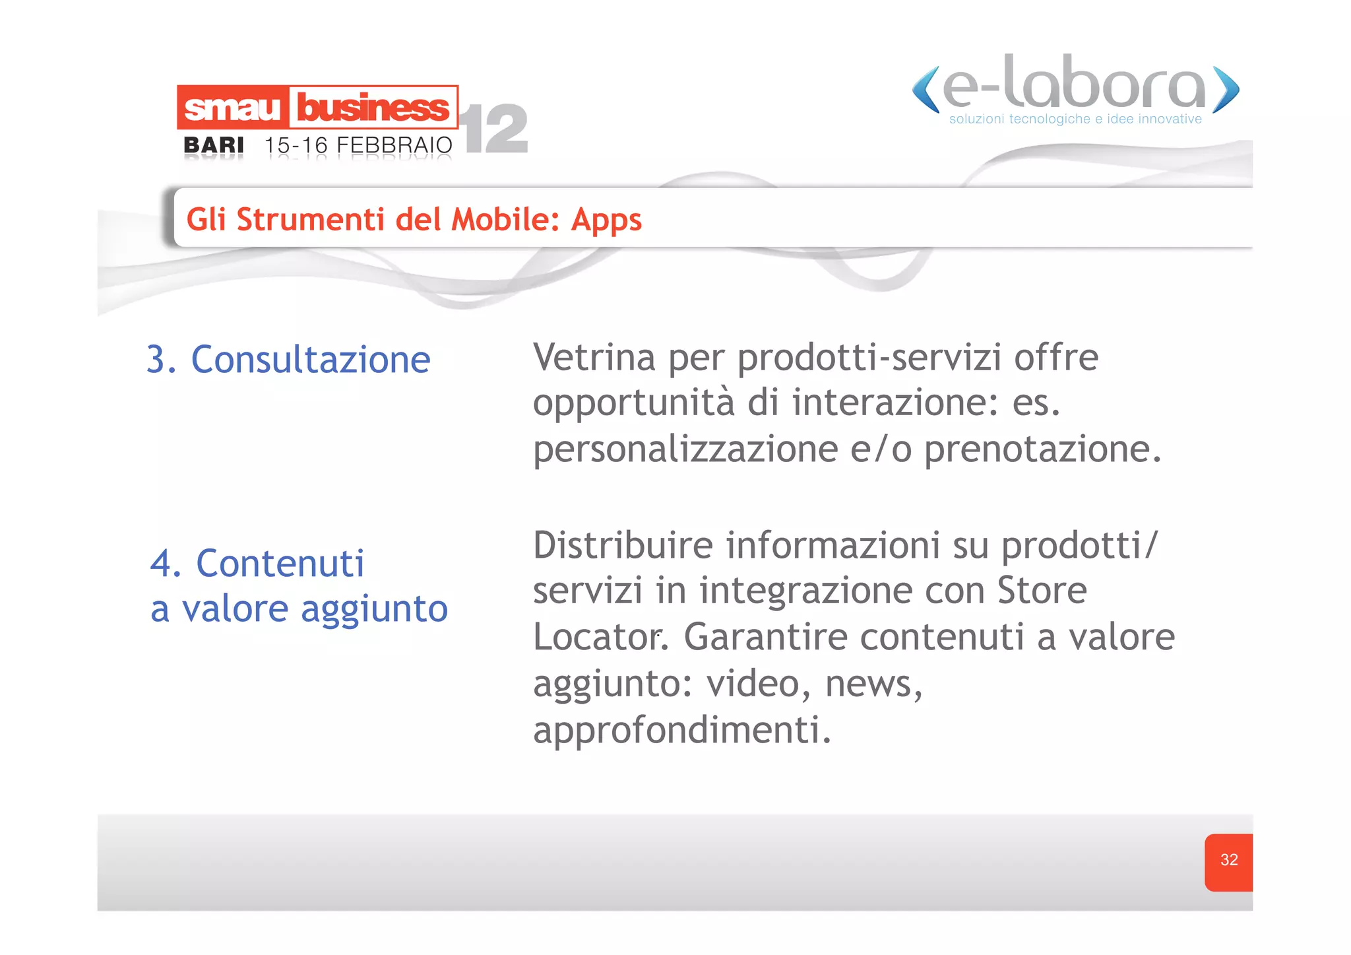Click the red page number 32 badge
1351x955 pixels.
1228,861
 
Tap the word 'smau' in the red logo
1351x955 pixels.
232,108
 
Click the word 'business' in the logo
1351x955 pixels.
373,108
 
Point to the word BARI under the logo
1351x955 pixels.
213,145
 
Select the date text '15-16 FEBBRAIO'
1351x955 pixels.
358,145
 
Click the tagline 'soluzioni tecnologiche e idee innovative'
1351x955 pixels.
1075,119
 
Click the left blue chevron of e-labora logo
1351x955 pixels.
926,90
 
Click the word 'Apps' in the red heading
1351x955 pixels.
606,220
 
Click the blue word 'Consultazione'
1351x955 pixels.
311,360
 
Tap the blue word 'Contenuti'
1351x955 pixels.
280,564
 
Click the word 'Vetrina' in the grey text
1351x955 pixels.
594,358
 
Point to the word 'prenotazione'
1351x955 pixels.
1042,451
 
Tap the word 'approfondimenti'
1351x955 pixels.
681,730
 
